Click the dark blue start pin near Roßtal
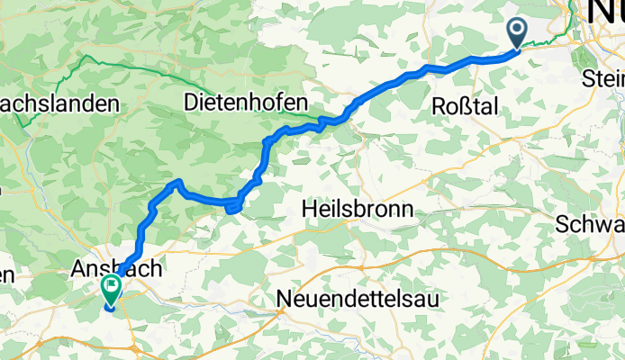pyautogui.click(x=518, y=33)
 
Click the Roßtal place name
pyautogui.click(x=466, y=104)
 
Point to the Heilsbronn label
pyautogui.click(x=357, y=209)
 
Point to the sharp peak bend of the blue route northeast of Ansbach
pyautogui.click(x=177, y=183)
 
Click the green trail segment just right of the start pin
pyautogui.click(x=540, y=40)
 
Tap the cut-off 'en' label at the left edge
pyautogui.click(x=7, y=275)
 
